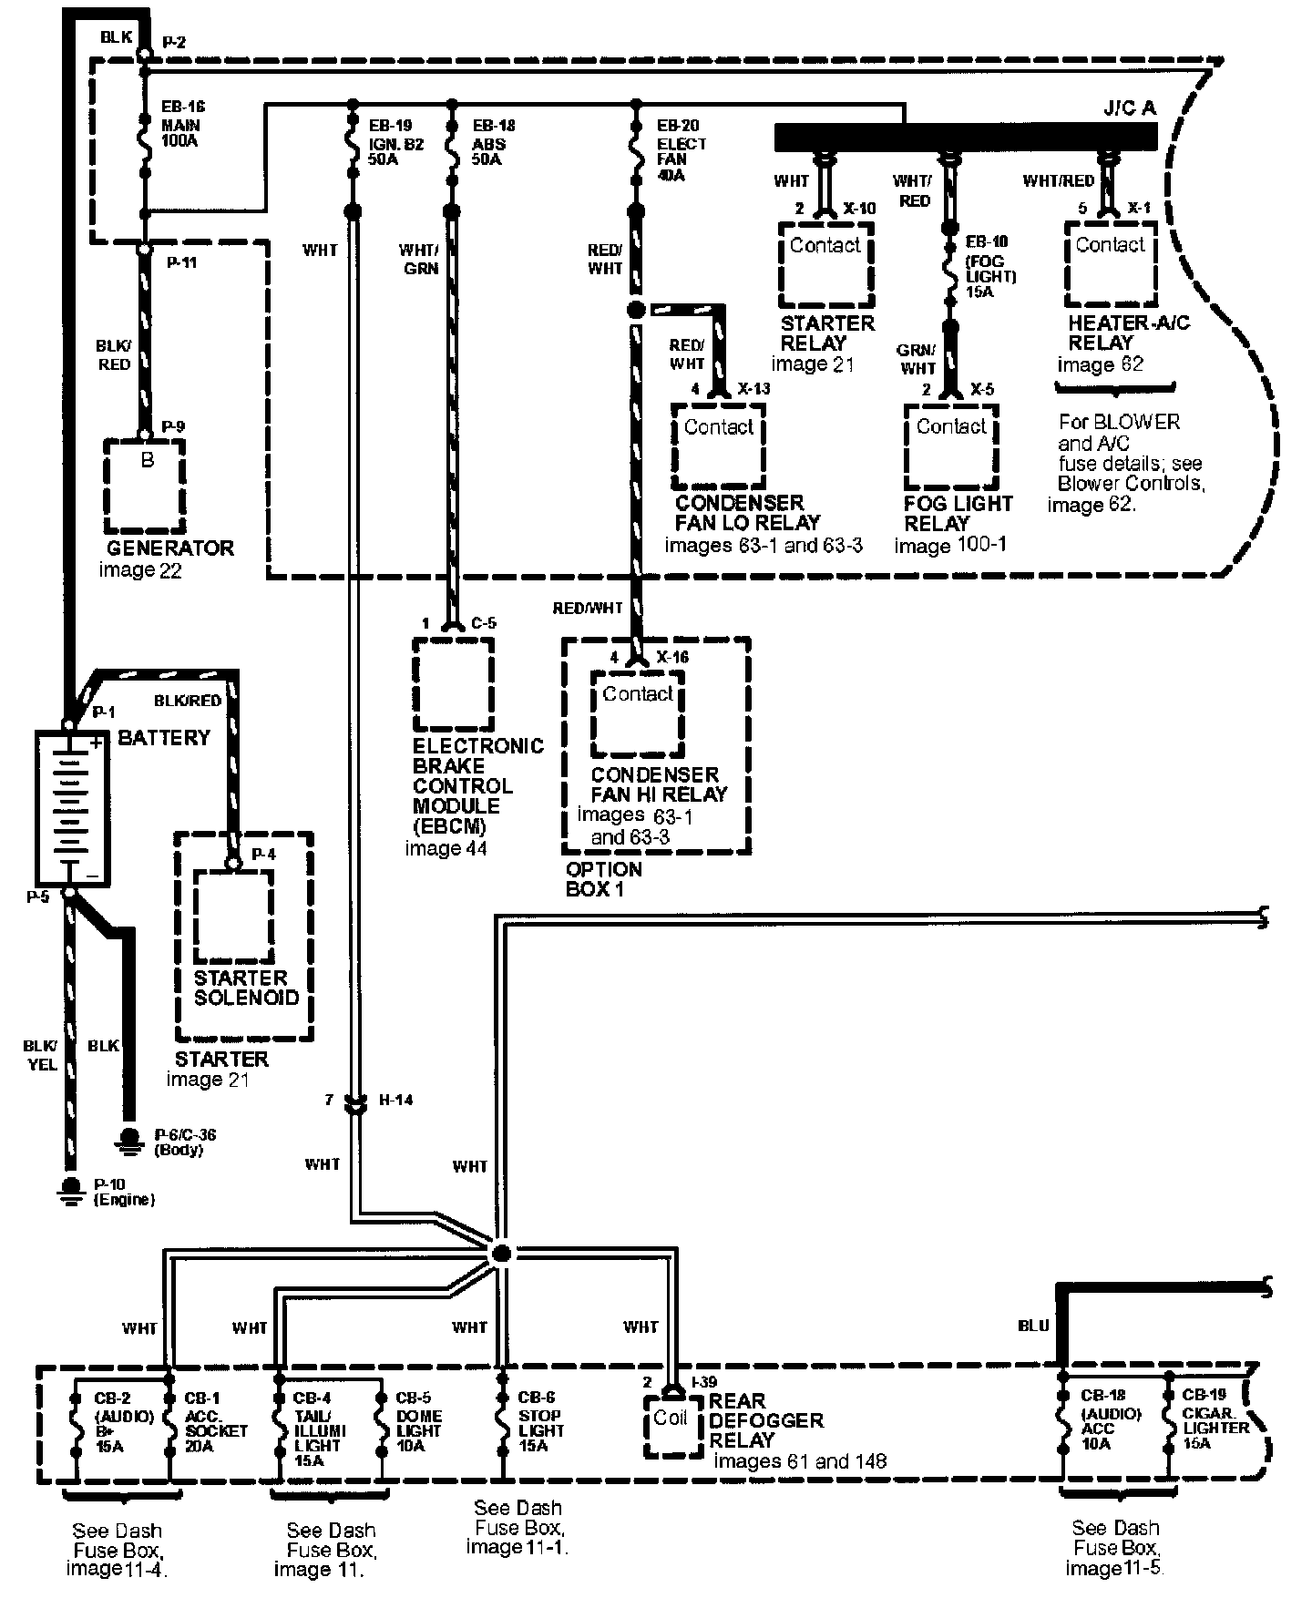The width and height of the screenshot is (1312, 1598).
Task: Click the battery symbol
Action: coord(71,806)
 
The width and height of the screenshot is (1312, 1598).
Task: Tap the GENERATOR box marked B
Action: coord(146,486)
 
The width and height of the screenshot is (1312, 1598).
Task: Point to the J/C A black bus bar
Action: coord(966,137)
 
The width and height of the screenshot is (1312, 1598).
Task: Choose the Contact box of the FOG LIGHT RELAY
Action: coord(951,446)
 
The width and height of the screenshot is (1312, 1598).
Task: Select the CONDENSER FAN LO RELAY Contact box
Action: coord(718,446)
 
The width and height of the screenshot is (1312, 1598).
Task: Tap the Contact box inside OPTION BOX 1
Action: coord(637,713)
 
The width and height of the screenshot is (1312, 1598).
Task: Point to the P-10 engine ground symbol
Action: coord(69,1190)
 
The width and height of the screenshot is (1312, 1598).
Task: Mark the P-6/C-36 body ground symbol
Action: coord(130,1140)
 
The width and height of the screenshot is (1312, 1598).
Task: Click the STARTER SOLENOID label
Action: coord(246,988)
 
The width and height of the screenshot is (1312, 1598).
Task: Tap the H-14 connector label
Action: coord(395,1100)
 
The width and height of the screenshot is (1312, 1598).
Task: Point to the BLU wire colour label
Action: coord(1033,1326)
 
